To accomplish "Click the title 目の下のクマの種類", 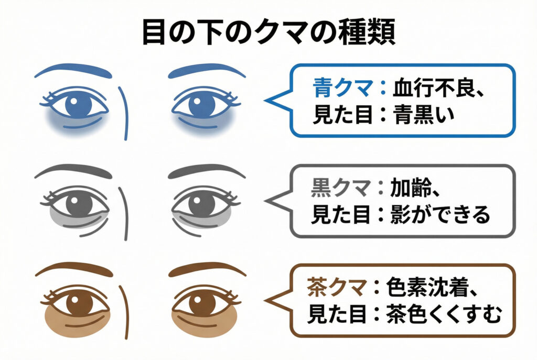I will [268, 32].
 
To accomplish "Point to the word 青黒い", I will [424, 115].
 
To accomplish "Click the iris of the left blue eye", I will [78, 105].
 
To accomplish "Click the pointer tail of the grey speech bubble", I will [275, 200].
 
